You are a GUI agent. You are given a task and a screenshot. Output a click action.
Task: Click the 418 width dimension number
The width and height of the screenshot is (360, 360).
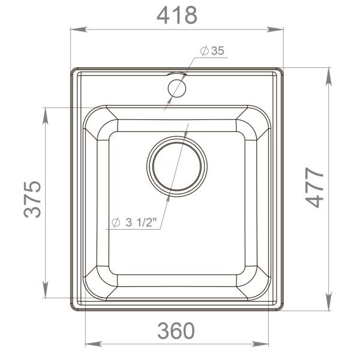[x=176, y=15]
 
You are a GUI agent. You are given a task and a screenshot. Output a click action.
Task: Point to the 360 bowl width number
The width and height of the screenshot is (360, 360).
[x=176, y=330]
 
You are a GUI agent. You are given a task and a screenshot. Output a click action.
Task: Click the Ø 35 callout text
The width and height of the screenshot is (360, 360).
[x=212, y=52]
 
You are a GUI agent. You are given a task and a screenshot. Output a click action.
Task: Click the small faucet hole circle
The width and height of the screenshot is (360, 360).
[x=177, y=88]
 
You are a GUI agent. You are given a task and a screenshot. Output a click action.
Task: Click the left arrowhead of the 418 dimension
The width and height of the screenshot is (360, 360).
[x=76, y=28]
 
